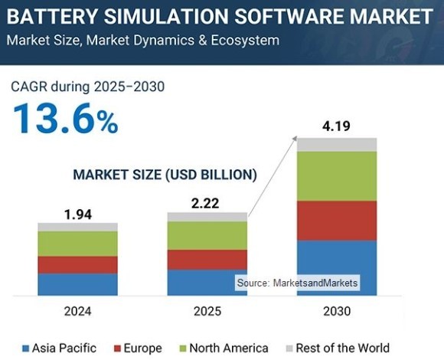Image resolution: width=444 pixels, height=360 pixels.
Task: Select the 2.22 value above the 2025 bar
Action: coord(207,204)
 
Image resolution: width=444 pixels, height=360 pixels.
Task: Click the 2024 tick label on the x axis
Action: coord(77,311)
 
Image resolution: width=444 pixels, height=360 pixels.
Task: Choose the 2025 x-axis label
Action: coord(207,311)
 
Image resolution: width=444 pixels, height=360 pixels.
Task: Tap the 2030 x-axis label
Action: coord(337,311)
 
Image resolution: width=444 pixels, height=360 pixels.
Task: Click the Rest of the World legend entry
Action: coord(337,348)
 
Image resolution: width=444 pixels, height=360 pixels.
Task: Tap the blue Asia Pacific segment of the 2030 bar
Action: coord(337,267)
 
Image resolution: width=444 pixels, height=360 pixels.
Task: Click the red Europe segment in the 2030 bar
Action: coord(337,221)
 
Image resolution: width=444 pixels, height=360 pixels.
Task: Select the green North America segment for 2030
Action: coord(337,176)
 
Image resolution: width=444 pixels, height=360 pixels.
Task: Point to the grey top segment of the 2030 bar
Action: coord(337,145)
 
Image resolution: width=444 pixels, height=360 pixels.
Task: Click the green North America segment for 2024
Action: coord(77,244)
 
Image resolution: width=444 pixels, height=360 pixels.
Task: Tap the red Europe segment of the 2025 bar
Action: coord(207,260)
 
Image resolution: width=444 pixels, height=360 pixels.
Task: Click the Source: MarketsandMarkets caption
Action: coord(297,283)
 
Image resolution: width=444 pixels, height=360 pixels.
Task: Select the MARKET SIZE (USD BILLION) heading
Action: coord(165,175)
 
